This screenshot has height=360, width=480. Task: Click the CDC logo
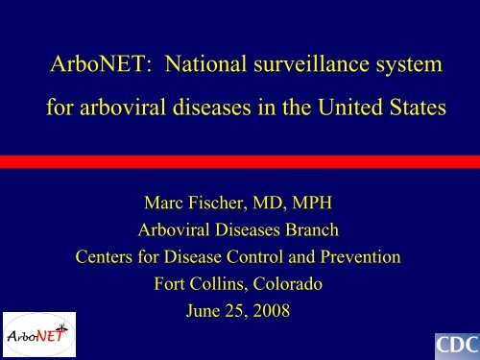click(x=451, y=343)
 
